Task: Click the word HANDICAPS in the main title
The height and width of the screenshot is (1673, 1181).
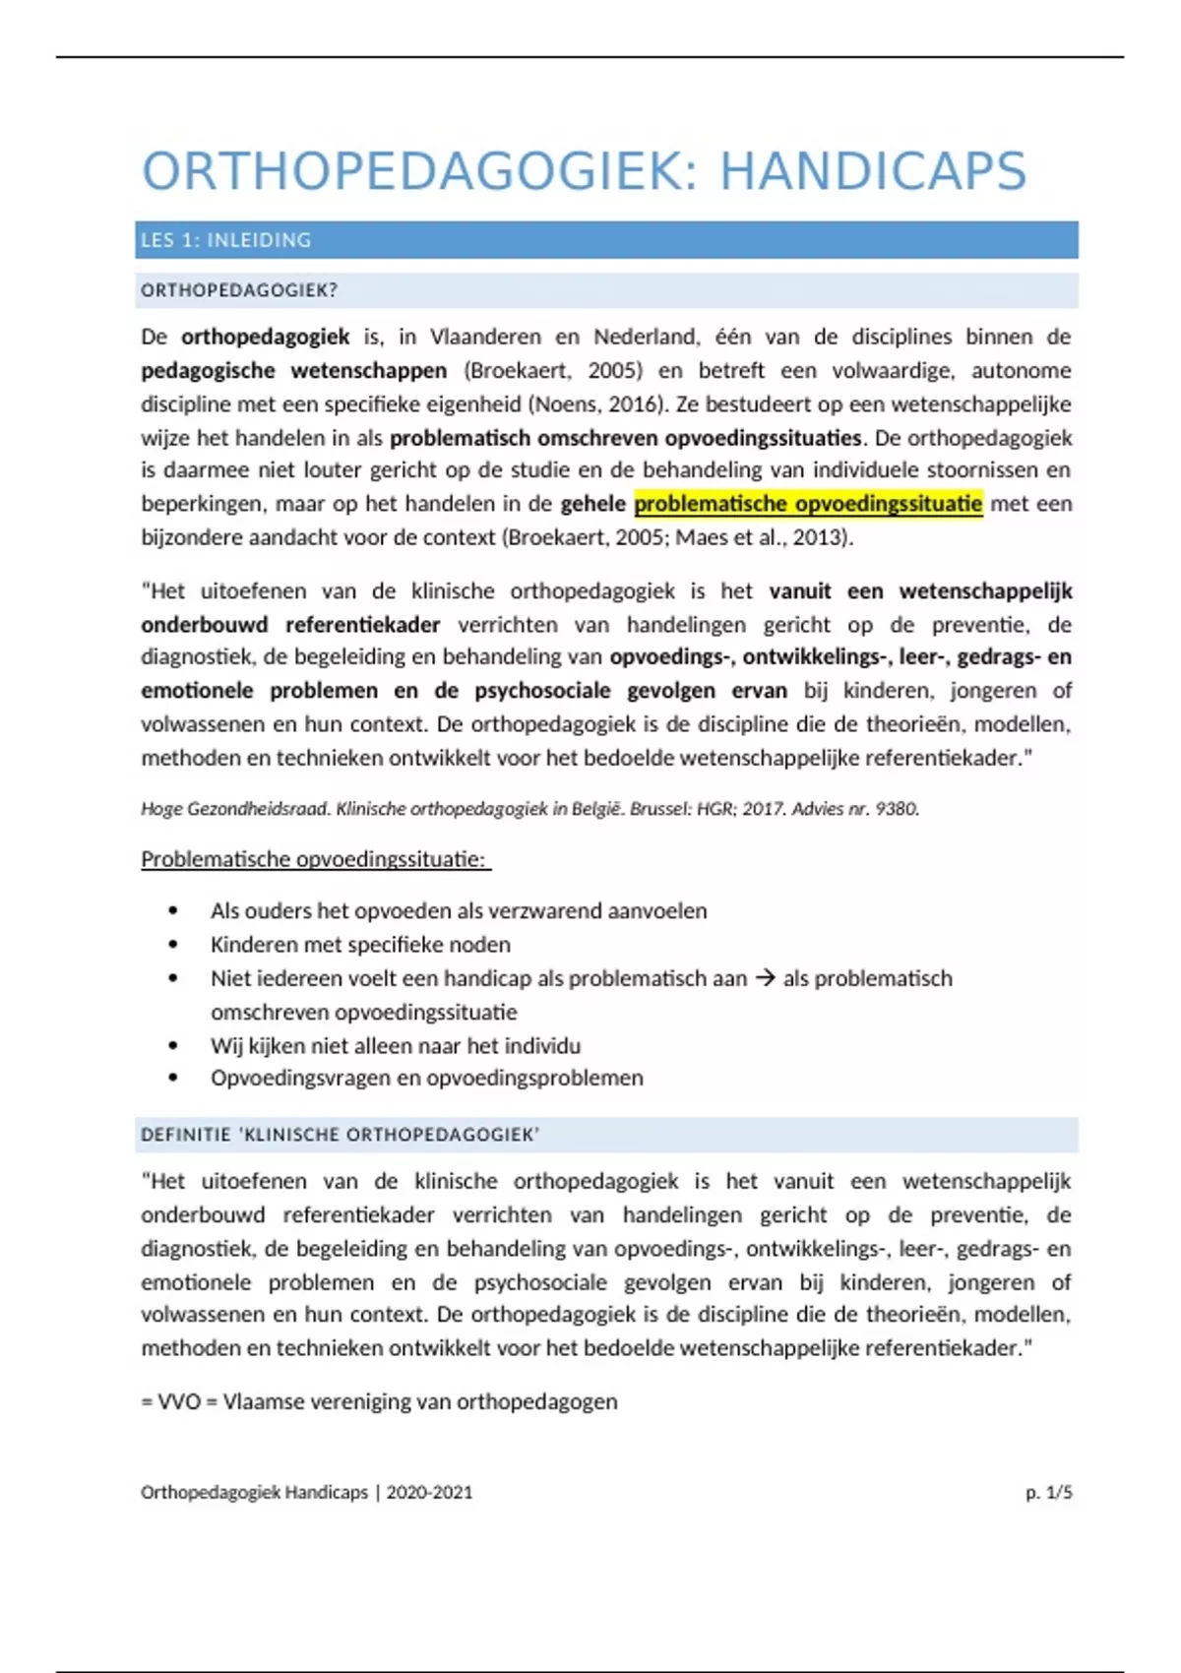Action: click(873, 171)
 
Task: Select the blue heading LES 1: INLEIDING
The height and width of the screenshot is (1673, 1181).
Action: click(225, 240)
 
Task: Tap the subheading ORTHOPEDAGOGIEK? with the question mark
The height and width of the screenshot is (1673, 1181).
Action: click(239, 290)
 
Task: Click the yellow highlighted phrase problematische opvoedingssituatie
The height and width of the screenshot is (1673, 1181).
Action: click(808, 504)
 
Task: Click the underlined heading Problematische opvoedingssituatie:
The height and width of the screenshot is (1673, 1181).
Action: click(314, 859)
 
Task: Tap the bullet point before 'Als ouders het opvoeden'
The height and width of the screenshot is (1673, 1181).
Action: click(173, 911)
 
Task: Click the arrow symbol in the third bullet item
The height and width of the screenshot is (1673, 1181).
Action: click(765, 978)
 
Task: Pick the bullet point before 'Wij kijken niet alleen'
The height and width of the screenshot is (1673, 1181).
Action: click(173, 1045)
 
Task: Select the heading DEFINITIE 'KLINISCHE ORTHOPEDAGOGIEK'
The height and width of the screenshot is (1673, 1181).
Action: click(340, 1135)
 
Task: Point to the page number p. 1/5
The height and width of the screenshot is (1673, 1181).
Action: click(1048, 1492)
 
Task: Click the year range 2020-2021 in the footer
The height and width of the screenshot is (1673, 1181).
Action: click(429, 1492)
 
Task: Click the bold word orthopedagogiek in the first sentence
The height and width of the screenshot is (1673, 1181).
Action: click(265, 337)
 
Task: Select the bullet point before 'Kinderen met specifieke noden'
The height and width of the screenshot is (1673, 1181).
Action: click(173, 945)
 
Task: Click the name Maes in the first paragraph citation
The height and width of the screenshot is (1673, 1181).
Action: click(699, 537)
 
